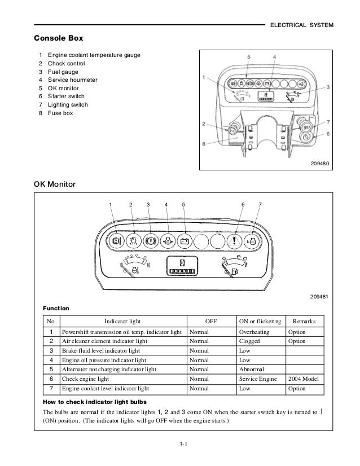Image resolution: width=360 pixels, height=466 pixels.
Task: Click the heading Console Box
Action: pyautogui.click(x=59, y=39)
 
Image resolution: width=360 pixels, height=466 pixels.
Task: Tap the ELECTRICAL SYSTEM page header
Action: pyautogui.click(x=302, y=25)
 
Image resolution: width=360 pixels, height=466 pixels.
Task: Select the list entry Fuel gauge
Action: pyautogui.click(x=63, y=72)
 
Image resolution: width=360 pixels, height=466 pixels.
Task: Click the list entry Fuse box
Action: pyautogui.click(x=60, y=113)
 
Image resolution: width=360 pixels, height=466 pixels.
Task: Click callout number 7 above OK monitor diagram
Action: pyautogui.click(x=260, y=204)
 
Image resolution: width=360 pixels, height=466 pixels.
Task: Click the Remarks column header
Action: pyautogui.click(x=305, y=321)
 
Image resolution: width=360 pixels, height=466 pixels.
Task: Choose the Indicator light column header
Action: pyautogui.click(x=122, y=321)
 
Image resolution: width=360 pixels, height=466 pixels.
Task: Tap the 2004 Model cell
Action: pyautogui.click(x=304, y=379)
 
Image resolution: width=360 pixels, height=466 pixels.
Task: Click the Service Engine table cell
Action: pyautogui.click(x=258, y=379)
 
